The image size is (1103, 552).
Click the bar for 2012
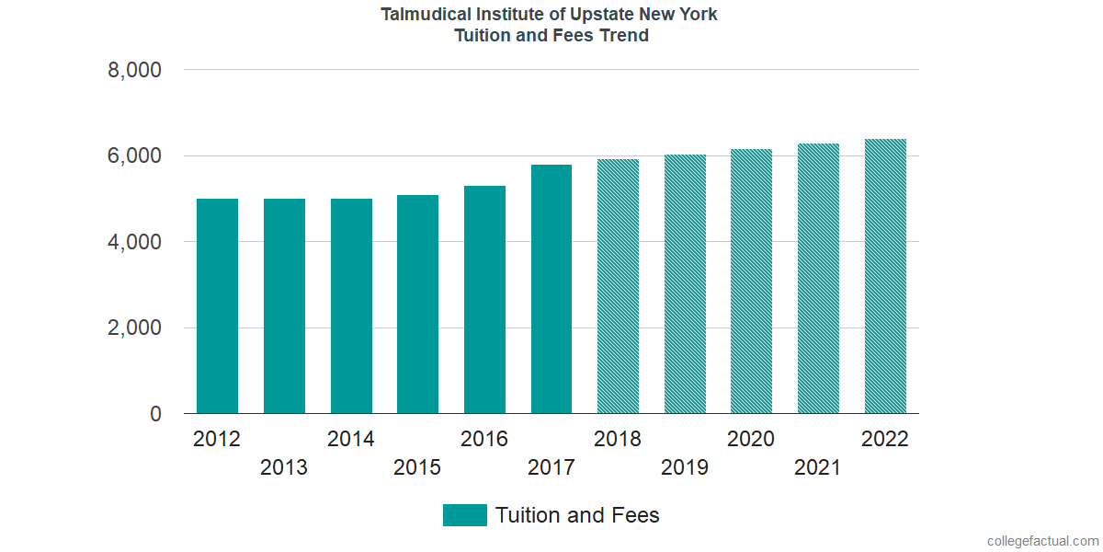(x=217, y=306)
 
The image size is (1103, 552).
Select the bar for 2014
(x=351, y=306)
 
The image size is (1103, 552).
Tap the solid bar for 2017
(x=551, y=289)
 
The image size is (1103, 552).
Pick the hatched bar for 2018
(x=618, y=286)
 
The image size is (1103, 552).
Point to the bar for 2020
(x=751, y=282)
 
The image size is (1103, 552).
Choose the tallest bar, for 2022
(x=885, y=276)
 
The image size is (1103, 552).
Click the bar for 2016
(x=484, y=300)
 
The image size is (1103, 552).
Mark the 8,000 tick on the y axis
(x=135, y=70)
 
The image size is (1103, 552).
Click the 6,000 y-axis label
(x=135, y=156)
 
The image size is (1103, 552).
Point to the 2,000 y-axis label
(x=135, y=328)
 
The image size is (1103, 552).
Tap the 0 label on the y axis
(x=155, y=414)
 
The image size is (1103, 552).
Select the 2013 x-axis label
(x=284, y=467)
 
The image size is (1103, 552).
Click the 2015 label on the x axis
(x=417, y=467)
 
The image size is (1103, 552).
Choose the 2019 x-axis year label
(x=685, y=467)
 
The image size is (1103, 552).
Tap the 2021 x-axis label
(x=818, y=467)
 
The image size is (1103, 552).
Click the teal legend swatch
(x=464, y=515)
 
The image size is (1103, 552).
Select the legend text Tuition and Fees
(x=577, y=515)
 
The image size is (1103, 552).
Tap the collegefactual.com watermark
(x=1042, y=541)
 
